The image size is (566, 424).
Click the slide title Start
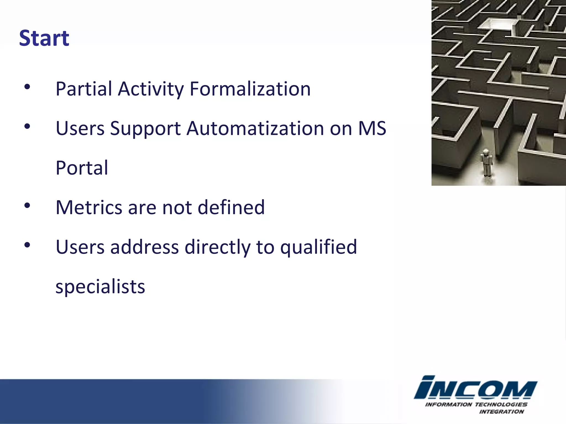pyautogui.click(x=44, y=38)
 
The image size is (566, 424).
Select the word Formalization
pyautogui.click(x=250, y=89)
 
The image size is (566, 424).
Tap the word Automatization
pyautogui.click(x=255, y=129)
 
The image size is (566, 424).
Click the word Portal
pyautogui.click(x=82, y=168)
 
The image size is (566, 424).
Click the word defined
pyautogui.click(x=231, y=207)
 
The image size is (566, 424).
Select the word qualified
pyautogui.click(x=318, y=247)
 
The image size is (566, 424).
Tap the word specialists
pyautogui.click(x=100, y=287)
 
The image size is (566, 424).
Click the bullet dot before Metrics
pyautogui.click(x=27, y=205)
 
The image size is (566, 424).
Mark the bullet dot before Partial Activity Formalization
pyautogui.click(x=27, y=87)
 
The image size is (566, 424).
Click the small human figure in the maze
pyautogui.click(x=486, y=163)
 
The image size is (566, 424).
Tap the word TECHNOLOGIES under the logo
pyautogui.click(x=501, y=404)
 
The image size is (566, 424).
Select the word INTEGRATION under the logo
pyautogui.click(x=501, y=412)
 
